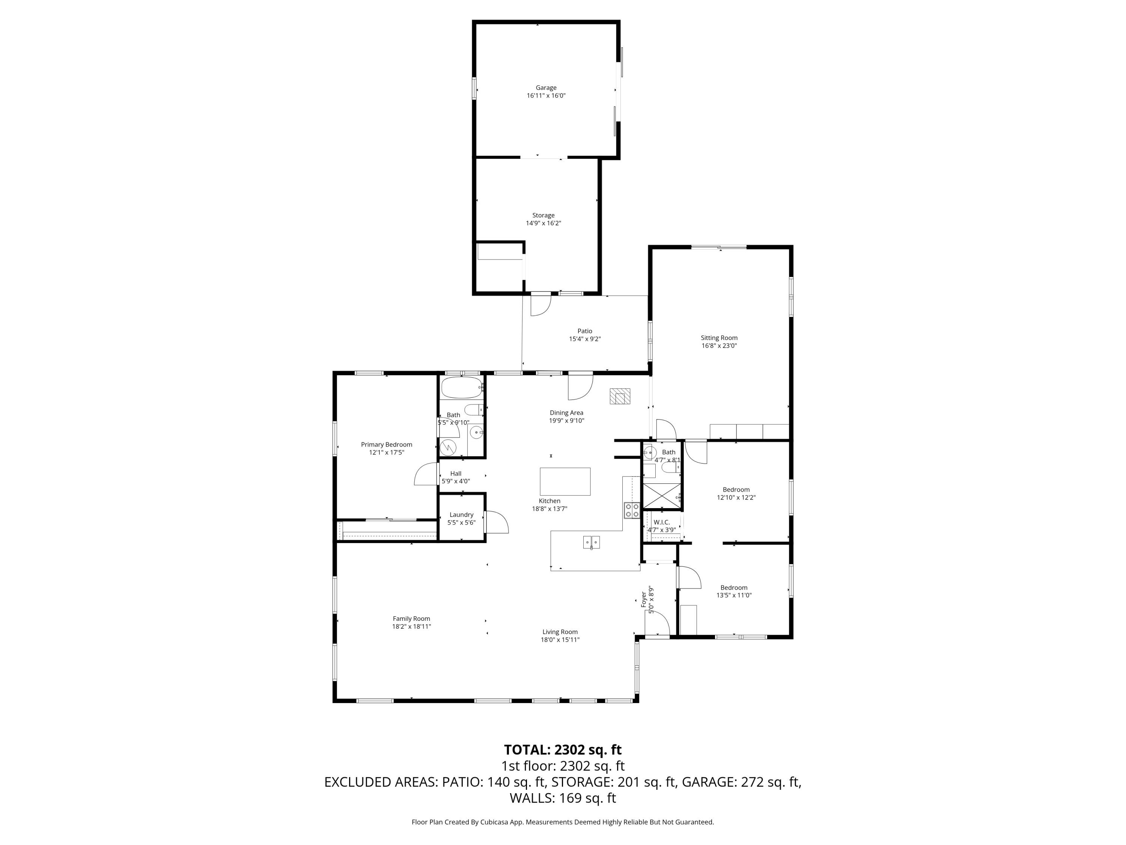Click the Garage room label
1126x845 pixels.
tap(546, 88)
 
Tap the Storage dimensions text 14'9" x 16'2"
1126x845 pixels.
tap(543, 223)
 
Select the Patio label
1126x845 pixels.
tap(584, 331)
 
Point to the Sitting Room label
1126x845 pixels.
tap(719, 338)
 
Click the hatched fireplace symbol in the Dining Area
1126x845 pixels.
tap(620, 396)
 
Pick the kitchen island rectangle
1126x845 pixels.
tap(565, 481)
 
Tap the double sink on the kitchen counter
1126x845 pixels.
tap(591, 542)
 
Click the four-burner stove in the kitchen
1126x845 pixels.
tap(632, 510)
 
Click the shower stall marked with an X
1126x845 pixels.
tap(662, 496)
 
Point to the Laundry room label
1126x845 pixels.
tap(461, 515)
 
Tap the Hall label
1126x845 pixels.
tap(456, 474)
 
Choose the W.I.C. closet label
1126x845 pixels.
tap(662, 522)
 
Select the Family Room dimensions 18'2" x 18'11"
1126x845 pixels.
tap(411, 626)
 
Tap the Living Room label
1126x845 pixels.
tap(560, 632)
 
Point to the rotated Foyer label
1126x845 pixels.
tap(643, 599)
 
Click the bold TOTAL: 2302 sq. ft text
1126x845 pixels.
tap(563, 750)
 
